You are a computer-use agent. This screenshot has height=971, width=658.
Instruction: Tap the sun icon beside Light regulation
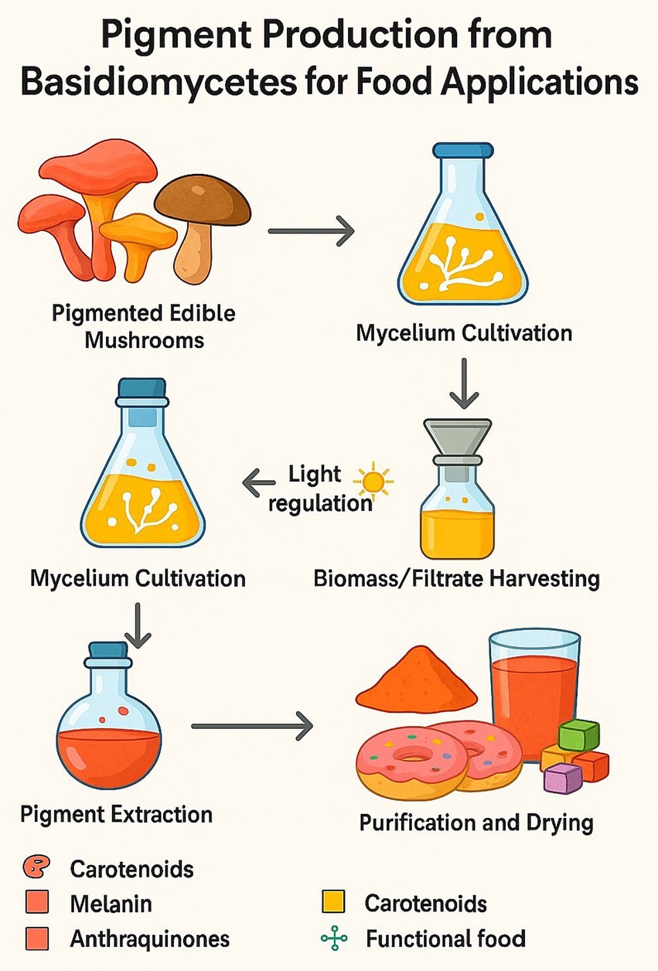(374, 482)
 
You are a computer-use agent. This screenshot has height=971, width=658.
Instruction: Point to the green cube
(578, 734)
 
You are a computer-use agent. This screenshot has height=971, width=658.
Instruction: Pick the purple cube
(562, 777)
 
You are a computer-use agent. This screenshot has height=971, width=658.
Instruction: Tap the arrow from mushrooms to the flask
(310, 230)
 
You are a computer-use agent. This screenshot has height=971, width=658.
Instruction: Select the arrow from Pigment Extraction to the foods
(252, 726)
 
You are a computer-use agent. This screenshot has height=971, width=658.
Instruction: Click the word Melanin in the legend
(111, 903)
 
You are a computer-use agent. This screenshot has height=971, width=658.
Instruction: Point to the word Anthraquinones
(149, 939)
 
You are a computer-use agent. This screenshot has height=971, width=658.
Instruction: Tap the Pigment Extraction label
(116, 813)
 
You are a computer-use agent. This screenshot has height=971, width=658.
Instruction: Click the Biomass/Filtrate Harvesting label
(456, 578)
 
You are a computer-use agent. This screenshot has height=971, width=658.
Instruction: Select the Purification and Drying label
(476, 821)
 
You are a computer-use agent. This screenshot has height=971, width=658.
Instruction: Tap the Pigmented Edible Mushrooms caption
(144, 326)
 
